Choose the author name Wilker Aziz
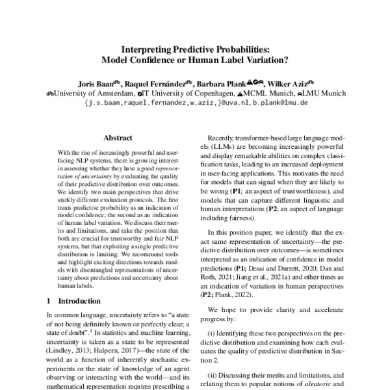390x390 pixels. coord(290,83)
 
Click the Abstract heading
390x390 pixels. coord(118,138)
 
